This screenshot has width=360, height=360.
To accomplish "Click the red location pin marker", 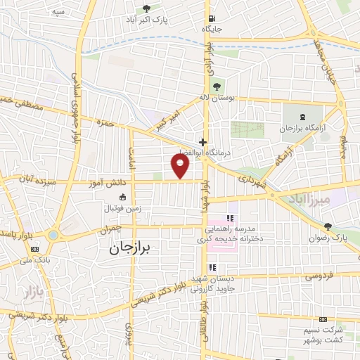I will pos(181,165).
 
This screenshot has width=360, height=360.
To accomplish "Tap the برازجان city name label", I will pos(136,248).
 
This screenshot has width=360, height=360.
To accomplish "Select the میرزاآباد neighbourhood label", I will pos(308,200).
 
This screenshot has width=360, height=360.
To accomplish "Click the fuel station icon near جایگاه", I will pos(210,19).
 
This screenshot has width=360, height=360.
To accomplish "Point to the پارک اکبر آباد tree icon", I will pos(146,8).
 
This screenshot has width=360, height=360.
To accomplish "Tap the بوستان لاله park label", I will pos(234,98).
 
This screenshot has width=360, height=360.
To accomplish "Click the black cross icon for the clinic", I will pos(202,141).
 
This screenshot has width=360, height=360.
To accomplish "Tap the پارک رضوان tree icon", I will pos(328,226).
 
